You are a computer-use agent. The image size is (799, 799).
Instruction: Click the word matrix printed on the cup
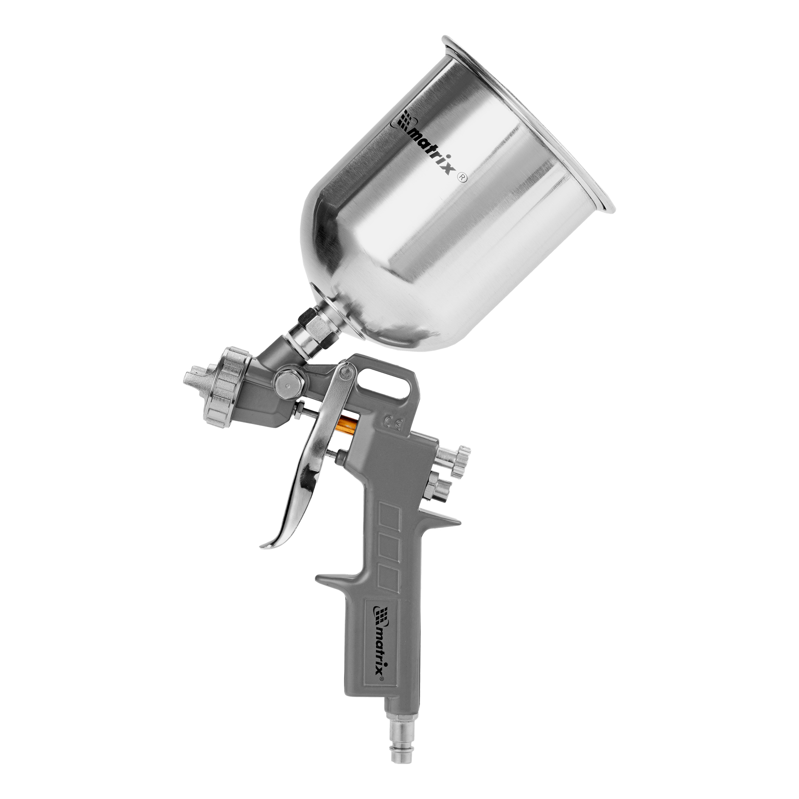tap(432, 152)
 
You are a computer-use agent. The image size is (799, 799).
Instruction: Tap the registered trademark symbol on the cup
tap(462, 178)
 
